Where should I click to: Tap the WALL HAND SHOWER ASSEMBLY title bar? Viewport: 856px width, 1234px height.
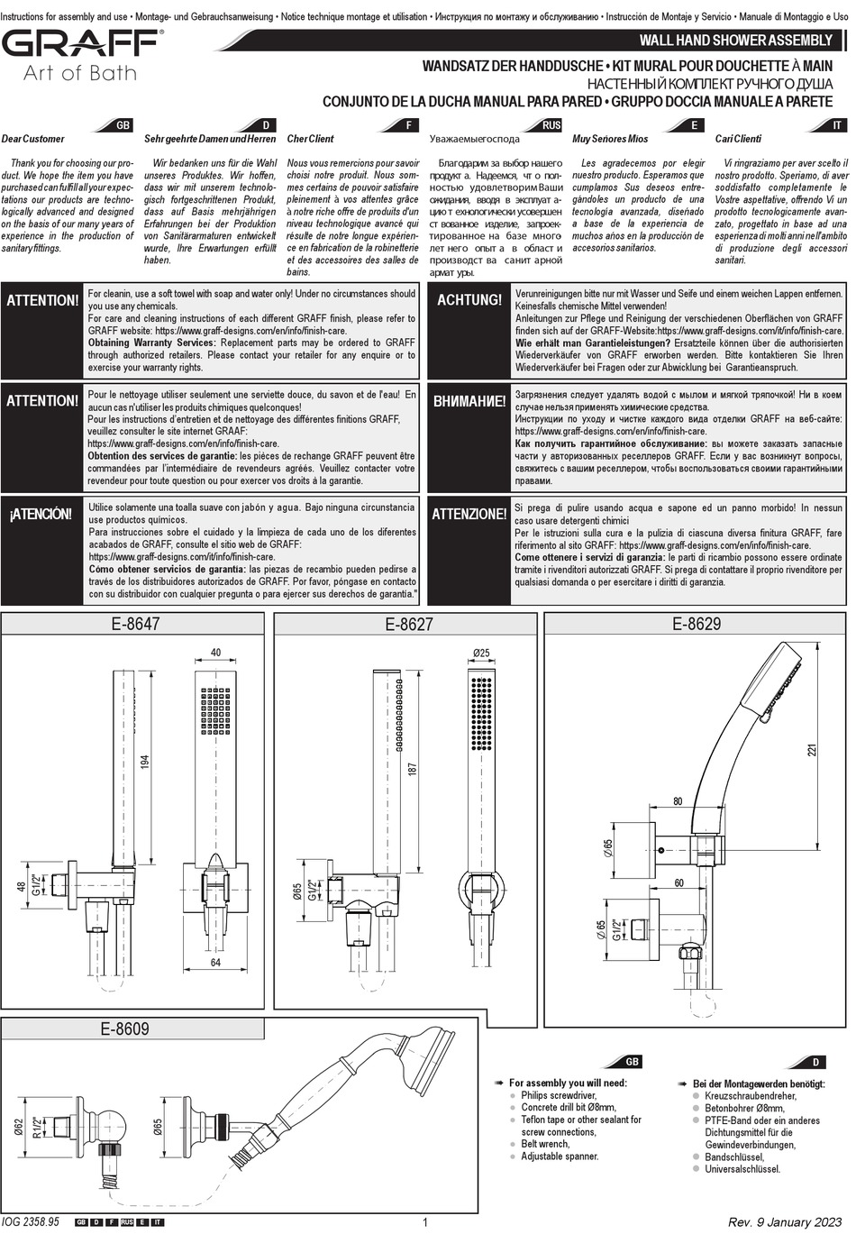point(735,41)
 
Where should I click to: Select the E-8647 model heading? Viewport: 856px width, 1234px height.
point(135,624)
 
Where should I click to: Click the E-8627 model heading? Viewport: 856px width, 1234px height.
point(409,624)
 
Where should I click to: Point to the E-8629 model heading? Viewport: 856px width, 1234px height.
point(697,623)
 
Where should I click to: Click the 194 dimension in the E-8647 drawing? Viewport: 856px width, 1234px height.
point(145,762)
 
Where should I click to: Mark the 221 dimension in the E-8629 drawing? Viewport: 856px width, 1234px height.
point(813,750)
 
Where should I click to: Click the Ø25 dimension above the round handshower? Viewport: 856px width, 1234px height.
point(481,653)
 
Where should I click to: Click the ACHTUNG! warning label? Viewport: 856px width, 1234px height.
point(469,300)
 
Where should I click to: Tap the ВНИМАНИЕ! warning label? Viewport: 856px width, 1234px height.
point(469,401)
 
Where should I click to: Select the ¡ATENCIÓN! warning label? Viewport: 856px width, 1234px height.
point(41,514)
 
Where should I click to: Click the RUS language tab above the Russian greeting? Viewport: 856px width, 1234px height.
point(551,125)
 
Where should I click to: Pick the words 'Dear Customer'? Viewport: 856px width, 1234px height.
point(33,139)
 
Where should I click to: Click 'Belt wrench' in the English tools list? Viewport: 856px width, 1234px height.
point(545,1144)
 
